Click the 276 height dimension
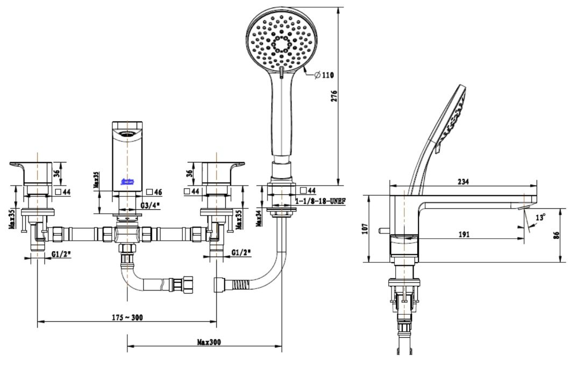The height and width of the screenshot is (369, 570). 333,97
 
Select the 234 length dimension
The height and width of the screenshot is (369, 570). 463,182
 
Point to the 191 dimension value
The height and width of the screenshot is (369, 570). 464,234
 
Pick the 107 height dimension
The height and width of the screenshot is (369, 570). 365,229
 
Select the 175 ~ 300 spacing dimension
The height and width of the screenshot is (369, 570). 126,317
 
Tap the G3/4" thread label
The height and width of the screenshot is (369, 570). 150,206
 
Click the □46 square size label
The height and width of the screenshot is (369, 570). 154,191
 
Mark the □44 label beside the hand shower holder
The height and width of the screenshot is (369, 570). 308,190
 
